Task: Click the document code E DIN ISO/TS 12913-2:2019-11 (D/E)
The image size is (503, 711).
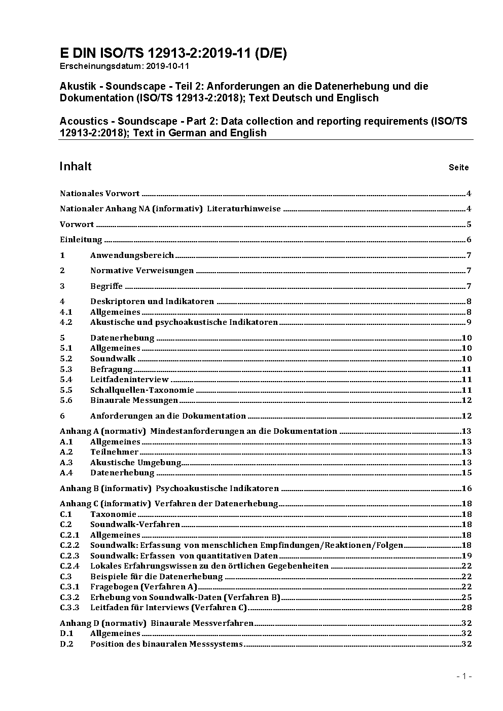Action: pyautogui.click(x=173, y=53)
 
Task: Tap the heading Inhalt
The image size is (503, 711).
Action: pyautogui.click(x=76, y=166)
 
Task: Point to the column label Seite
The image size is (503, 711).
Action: pyautogui.click(x=458, y=167)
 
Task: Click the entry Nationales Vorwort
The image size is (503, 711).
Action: pyautogui.click(x=99, y=193)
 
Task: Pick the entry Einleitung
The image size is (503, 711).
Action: pyautogui.click(x=81, y=240)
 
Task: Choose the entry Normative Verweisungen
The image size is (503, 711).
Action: pyautogui.click(x=142, y=271)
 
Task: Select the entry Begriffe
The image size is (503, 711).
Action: pyautogui.click(x=106, y=286)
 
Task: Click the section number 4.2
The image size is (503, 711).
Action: pyautogui.click(x=66, y=322)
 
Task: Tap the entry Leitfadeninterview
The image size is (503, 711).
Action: pyautogui.click(x=129, y=380)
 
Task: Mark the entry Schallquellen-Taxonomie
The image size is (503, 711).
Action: pyautogui.click(x=142, y=390)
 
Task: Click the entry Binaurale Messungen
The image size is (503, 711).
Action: pyautogui.click(x=134, y=400)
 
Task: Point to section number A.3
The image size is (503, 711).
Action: pyautogui.click(x=66, y=463)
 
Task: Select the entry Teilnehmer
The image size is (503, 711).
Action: pyautogui.click(x=114, y=452)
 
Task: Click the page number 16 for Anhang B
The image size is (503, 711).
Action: pyautogui.click(x=466, y=489)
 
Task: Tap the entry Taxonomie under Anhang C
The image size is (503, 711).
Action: pyautogui.click(x=113, y=514)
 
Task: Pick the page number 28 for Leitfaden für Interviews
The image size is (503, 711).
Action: pyautogui.click(x=466, y=608)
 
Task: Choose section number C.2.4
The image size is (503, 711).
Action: pyautogui.click(x=69, y=566)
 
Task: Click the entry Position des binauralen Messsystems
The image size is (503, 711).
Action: pyautogui.click(x=166, y=644)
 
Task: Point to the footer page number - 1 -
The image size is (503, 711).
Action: pyautogui.click(x=464, y=676)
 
